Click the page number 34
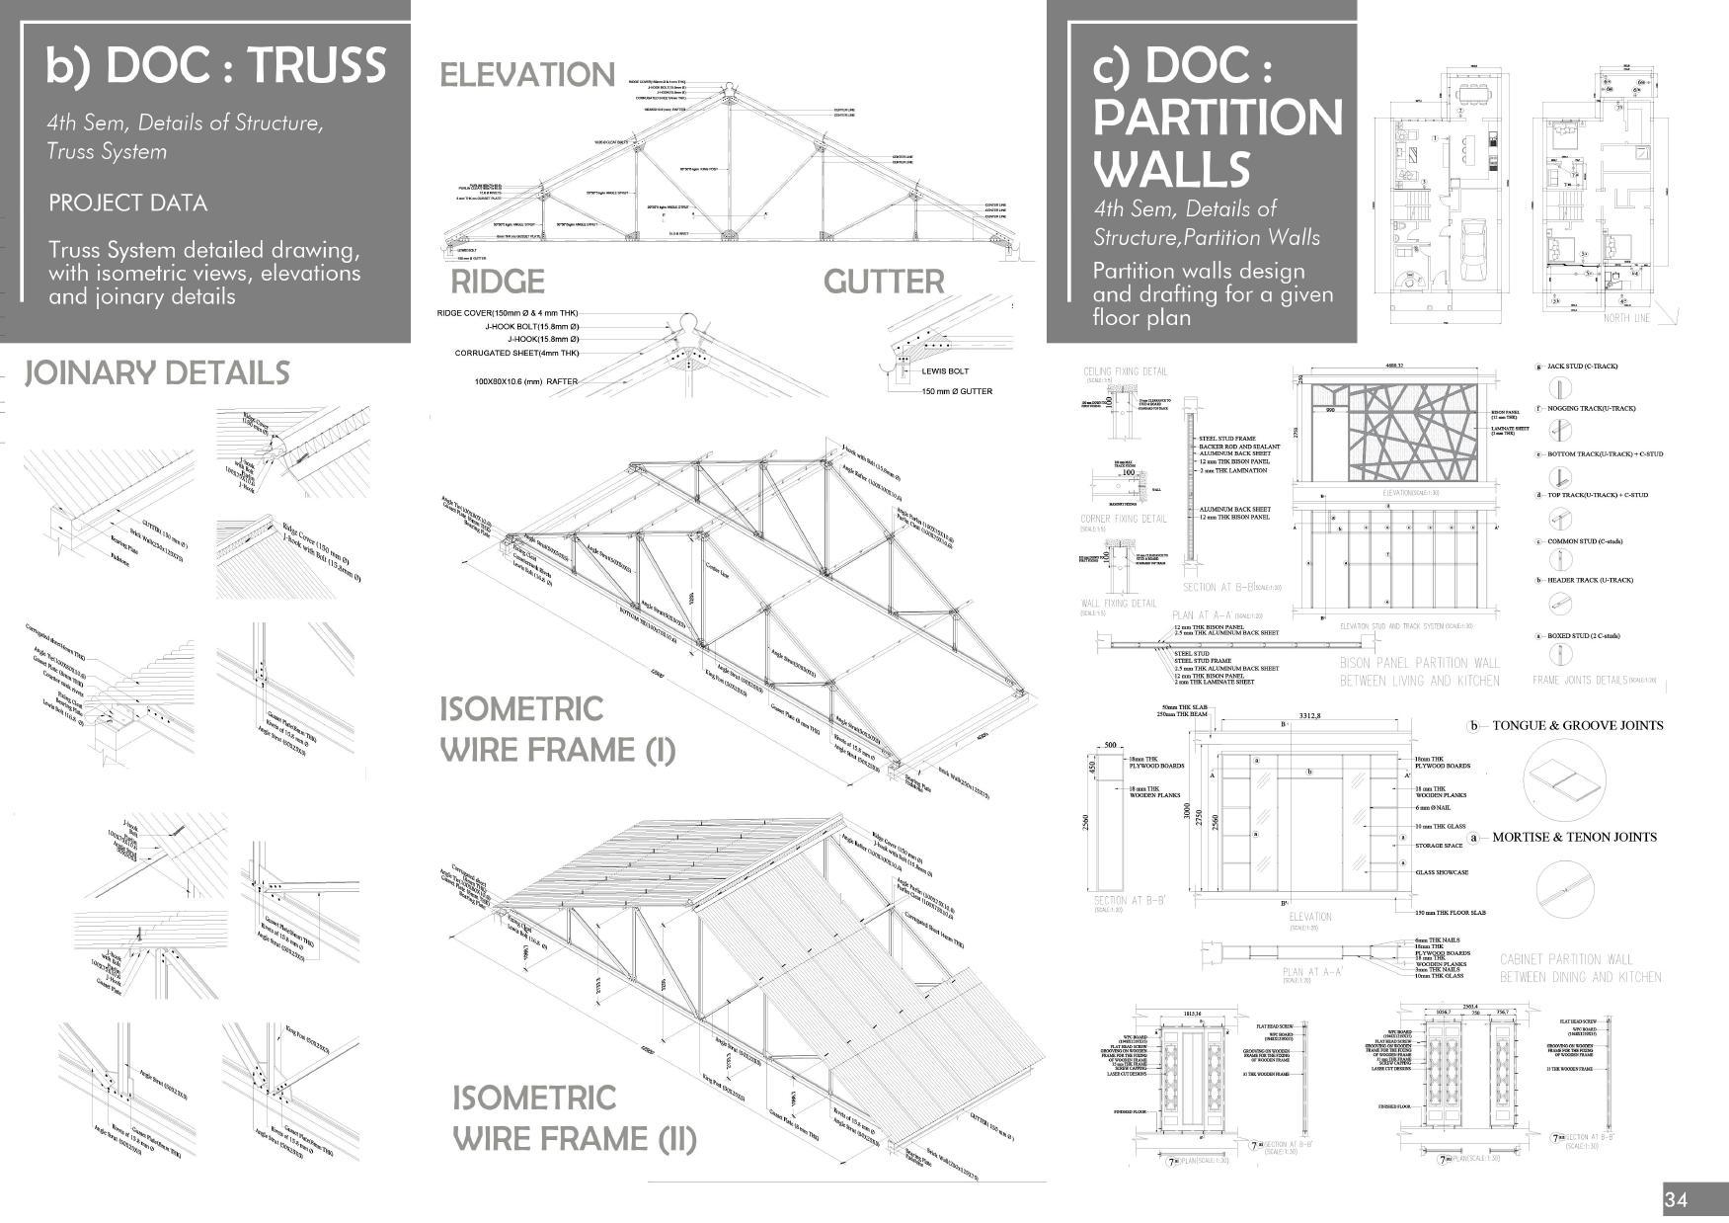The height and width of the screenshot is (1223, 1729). tap(1676, 1200)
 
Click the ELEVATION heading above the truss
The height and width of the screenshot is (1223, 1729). tap(526, 75)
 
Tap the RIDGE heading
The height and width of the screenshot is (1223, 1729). tap(497, 282)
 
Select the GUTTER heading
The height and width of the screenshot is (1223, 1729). tap(884, 282)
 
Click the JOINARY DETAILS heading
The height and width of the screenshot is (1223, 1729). tap(157, 373)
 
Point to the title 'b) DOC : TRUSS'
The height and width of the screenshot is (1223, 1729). tap(215, 65)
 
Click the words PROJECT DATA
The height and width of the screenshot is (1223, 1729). tap(127, 204)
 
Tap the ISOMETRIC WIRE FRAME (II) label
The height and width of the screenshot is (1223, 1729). tap(574, 1118)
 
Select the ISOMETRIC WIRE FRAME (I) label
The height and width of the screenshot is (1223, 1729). tap(557, 729)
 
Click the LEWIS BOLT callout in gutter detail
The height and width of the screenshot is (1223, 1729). tap(945, 371)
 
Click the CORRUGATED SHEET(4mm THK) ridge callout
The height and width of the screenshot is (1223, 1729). tap(516, 353)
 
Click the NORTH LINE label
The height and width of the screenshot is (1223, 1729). tap(1626, 318)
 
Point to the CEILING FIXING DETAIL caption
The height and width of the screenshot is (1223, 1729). tap(1125, 371)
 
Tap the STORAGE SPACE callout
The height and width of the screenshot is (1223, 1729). tap(1439, 846)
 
